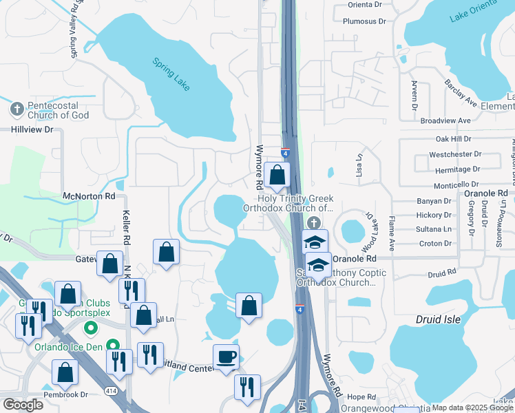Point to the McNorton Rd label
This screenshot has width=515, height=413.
tap(89, 196)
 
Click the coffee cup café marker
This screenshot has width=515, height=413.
tap(227, 358)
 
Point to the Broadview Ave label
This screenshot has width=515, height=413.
tap(445, 120)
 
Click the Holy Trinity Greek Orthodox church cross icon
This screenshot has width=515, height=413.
tap(314, 222)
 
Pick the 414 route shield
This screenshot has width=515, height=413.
tap(110, 391)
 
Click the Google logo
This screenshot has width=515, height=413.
tap(23, 404)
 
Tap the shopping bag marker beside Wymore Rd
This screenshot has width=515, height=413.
tap(277, 176)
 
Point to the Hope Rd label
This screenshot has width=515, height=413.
tap(361, 397)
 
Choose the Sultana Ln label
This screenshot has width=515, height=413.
tap(434, 229)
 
